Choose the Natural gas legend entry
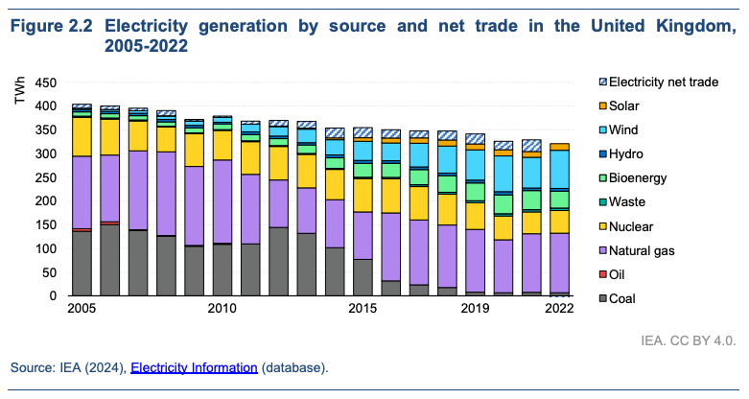coord(642,250)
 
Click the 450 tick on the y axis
coord(44,82)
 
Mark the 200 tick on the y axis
coord(44,201)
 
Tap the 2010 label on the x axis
coord(222,309)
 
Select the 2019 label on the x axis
coord(475,309)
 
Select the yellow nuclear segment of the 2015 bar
coord(363,195)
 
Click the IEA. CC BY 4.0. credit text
coord(689,340)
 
